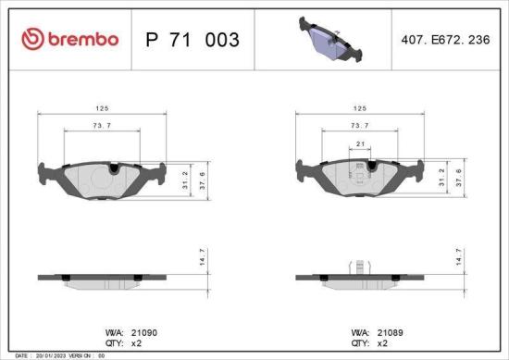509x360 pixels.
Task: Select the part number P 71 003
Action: pyautogui.click(x=193, y=40)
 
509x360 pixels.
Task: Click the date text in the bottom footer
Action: pyautogui.click(x=56, y=355)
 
